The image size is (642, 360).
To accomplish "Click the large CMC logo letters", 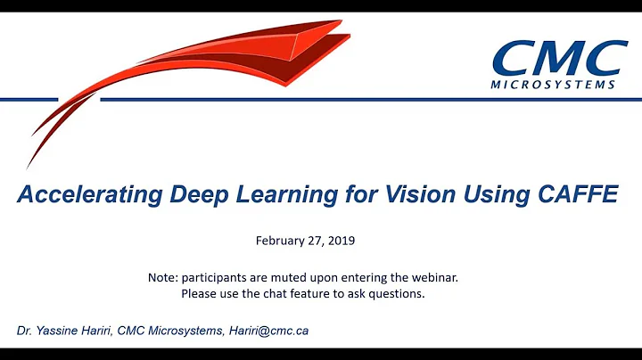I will [559, 59].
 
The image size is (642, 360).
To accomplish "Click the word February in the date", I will [282, 241].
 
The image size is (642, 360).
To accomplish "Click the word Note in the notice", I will [162, 277].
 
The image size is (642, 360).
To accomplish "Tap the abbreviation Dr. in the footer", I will [23, 331].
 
